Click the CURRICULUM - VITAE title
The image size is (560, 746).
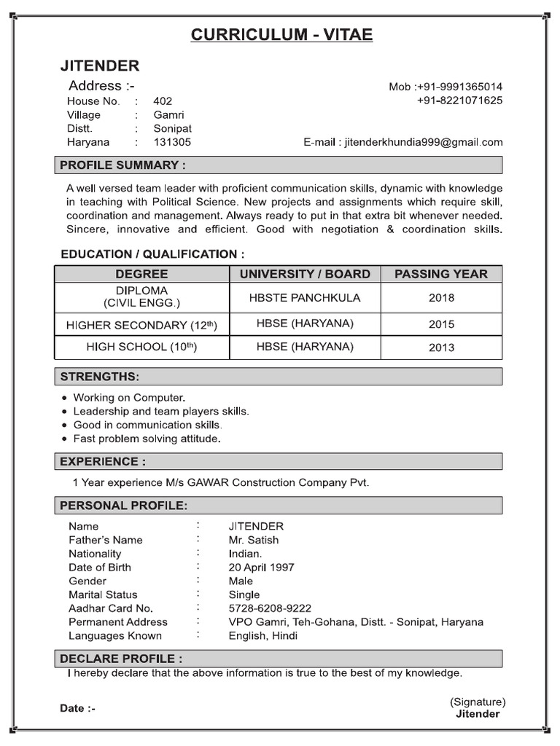click(x=281, y=36)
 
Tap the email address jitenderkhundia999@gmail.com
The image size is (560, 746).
click(x=423, y=142)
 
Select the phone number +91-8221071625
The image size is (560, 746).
click(x=459, y=101)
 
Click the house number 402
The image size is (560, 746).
click(x=163, y=101)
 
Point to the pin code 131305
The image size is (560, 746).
click(x=172, y=142)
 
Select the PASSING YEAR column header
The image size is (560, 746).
click(x=441, y=274)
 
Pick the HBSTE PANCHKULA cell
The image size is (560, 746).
click(x=305, y=297)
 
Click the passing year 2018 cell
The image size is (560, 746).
click(x=441, y=297)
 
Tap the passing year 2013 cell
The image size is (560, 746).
click(x=441, y=348)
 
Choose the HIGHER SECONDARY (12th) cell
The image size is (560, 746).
click(x=141, y=324)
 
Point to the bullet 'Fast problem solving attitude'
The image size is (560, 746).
click(x=147, y=439)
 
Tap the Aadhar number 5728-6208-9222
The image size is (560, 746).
click(x=270, y=608)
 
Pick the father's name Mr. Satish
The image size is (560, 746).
click(x=253, y=540)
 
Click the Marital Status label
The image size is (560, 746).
click(x=103, y=594)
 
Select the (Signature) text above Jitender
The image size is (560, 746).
click(x=478, y=702)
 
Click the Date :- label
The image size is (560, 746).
click(x=77, y=708)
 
